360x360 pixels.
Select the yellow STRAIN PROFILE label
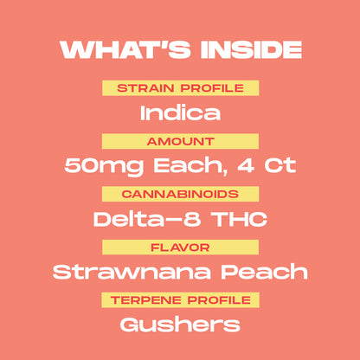point(180,88)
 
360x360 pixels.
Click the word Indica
point(180,112)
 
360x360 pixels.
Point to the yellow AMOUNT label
point(180,141)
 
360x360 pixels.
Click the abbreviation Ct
point(280,165)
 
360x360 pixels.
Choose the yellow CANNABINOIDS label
point(180,195)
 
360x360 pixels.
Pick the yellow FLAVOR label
point(180,247)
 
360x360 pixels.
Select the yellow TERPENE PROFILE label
point(180,300)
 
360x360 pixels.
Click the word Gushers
point(180,325)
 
